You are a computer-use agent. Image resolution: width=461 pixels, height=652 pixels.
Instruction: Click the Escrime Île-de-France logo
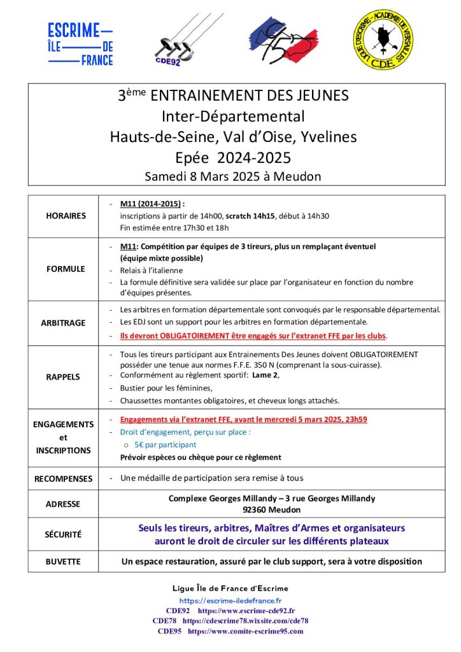click(80, 43)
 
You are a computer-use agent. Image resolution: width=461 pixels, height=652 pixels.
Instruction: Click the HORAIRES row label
click(66, 216)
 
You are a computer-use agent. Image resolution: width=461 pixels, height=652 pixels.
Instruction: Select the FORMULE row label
click(66, 269)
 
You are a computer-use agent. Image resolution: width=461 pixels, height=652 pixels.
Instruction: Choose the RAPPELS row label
click(63, 376)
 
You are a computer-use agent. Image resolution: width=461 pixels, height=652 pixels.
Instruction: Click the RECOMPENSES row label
click(63, 478)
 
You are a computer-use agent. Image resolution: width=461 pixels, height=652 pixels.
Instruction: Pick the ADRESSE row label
click(63, 504)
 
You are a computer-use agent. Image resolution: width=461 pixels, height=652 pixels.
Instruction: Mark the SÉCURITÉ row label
click(63, 535)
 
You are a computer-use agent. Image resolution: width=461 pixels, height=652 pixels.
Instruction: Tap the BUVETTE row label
click(63, 562)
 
